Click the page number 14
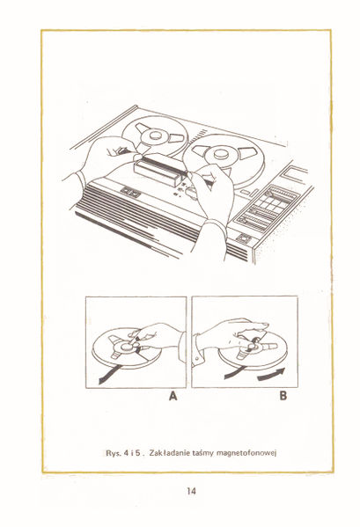[191, 491]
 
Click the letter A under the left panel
[175, 396]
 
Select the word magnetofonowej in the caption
[260, 451]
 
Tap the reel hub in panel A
[125, 348]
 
